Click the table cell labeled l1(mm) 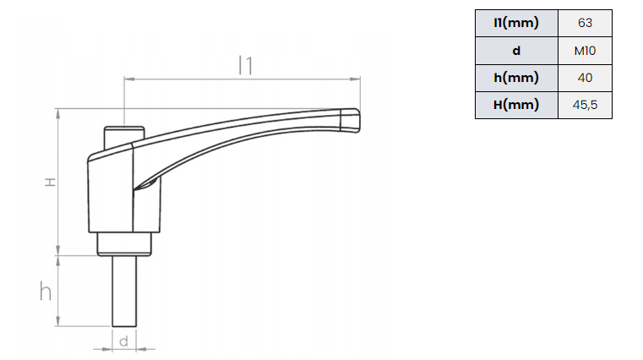pyautogui.click(x=516, y=23)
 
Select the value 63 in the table pyautogui.click(x=586, y=23)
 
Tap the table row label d pyautogui.click(x=516, y=51)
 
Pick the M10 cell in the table pyautogui.click(x=586, y=51)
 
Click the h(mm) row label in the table pyautogui.click(x=516, y=78)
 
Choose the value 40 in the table pyautogui.click(x=586, y=78)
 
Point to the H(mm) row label pyautogui.click(x=516, y=105)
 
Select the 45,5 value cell pyautogui.click(x=586, y=105)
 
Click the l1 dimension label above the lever pyautogui.click(x=246, y=65)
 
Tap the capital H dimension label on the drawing pyautogui.click(x=50, y=182)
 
